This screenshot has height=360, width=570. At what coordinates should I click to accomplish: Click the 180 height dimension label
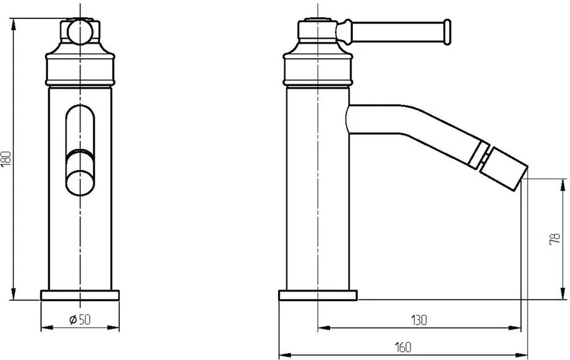click(6, 158)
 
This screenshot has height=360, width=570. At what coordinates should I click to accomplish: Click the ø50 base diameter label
click(80, 319)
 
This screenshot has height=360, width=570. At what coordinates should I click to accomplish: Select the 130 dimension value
click(419, 320)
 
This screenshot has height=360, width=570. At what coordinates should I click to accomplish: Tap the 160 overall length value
click(403, 347)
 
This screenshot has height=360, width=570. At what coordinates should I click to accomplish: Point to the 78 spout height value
click(555, 239)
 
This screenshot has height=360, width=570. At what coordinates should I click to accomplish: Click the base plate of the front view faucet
click(80, 295)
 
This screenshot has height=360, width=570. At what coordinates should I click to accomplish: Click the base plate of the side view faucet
click(318, 295)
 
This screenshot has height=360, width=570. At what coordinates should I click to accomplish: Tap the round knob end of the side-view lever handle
click(446, 32)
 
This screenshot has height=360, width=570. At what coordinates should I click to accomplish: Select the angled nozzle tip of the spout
click(503, 169)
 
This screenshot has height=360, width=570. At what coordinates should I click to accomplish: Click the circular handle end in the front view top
click(80, 32)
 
